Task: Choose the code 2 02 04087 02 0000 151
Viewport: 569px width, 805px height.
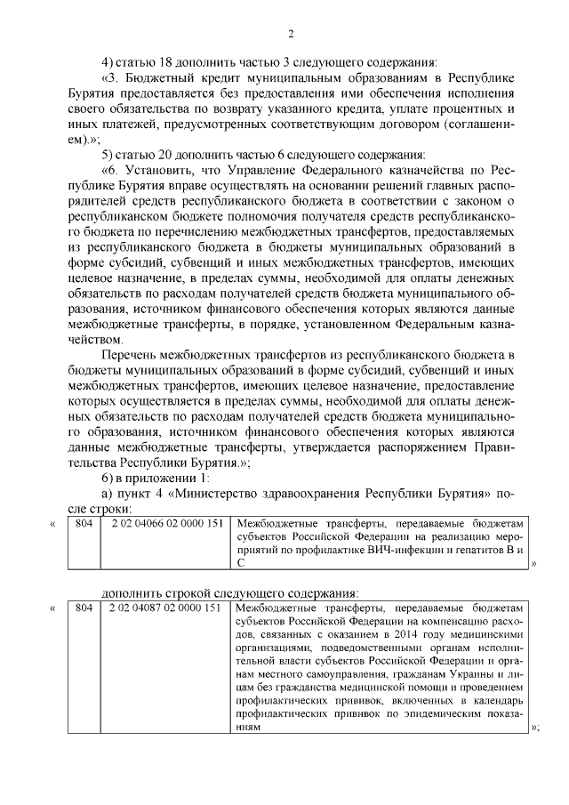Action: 166,608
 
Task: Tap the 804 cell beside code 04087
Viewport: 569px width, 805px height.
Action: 84,608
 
